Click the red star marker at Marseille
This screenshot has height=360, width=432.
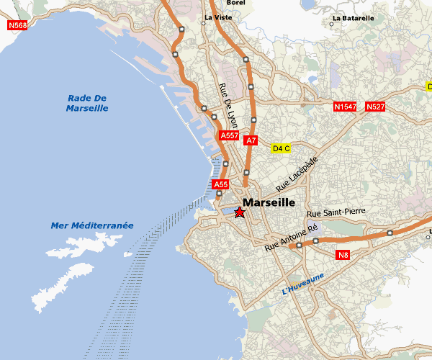[240, 212]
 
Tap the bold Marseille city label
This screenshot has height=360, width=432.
[269, 203]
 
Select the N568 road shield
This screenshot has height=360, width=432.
[18, 25]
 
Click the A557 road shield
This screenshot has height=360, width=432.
[229, 135]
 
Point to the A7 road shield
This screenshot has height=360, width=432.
[251, 140]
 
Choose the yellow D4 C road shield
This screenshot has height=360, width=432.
[281, 149]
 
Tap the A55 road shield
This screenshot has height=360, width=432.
[221, 185]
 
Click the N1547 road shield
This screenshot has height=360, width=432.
[346, 107]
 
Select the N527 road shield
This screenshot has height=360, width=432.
[375, 107]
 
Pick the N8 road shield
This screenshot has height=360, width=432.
[343, 255]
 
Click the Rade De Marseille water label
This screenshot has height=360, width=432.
[86, 103]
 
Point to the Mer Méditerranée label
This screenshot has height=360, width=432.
[92, 226]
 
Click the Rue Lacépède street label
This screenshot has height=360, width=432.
[296, 174]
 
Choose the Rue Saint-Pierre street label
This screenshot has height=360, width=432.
[336, 214]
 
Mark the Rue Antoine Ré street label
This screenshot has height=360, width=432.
[291, 237]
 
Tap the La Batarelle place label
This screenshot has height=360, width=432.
[353, 18]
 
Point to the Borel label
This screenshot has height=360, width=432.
[235, 3]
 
